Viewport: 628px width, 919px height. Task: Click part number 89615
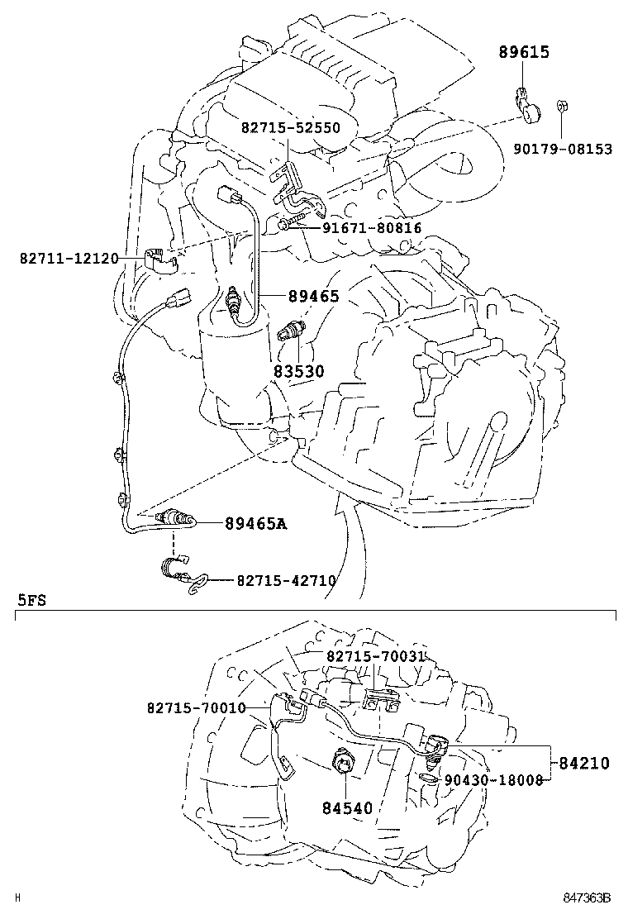tap(524, 52)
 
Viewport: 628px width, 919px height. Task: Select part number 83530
tap(299, 371)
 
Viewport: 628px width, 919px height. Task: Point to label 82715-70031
tap(375, 655)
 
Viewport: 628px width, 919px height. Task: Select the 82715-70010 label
tap(196, 708)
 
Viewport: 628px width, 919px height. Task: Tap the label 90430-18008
tap(493, 779)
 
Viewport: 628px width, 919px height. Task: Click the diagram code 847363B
tap(587, 898)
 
